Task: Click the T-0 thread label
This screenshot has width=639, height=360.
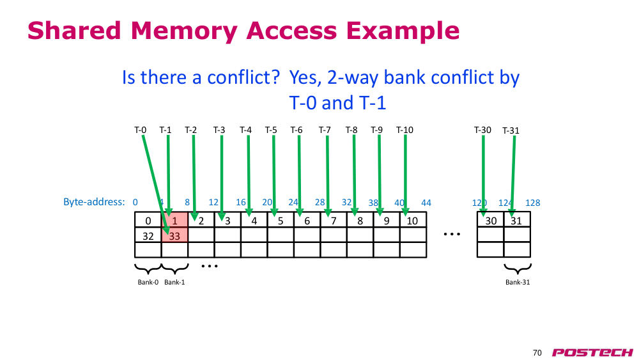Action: (x=140, y=130)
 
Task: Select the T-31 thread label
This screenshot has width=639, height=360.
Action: (x=511, y=130)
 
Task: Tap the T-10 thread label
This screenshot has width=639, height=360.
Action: (x=404, y=130)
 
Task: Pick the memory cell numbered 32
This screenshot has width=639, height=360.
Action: (x=148, y=236)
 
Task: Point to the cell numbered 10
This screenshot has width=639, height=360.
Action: (x=413, y=220)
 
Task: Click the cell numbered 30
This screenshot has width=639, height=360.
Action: (x=491, y=220)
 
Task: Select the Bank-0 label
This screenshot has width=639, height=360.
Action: (x=148, y=282)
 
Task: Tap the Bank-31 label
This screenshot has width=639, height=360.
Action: (x=518, y=282)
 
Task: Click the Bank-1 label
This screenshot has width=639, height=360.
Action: (x=174, y=282)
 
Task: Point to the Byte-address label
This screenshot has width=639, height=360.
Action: (x=94, y=202)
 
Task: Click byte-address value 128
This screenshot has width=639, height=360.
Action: (x=533, y=203)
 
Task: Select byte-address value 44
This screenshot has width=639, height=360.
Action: (x=426, y=203)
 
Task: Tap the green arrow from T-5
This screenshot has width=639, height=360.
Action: (x=274, y=176)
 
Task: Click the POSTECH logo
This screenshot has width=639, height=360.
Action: (x=592, y=352)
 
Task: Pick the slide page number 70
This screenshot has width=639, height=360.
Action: (x=537, y=353)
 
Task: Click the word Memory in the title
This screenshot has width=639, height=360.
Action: (x=184, y=31)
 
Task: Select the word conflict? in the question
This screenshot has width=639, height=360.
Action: (x=243, y=77)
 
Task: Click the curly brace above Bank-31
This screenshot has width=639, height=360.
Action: (x=518, y=269)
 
